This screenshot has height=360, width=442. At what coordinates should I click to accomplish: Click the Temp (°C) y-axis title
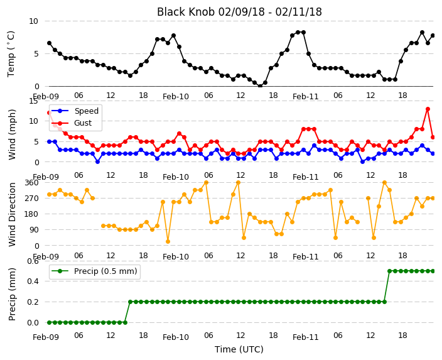tap(11, 54)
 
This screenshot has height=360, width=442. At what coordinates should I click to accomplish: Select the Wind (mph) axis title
tap(12, 135)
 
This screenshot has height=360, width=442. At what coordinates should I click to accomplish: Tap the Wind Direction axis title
tap(12, 214)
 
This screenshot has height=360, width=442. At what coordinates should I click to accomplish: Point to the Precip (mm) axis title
tap(12, 294)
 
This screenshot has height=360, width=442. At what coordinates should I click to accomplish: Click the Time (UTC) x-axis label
tap(239, 349)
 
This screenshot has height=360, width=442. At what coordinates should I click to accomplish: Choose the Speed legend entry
tap(75, 111)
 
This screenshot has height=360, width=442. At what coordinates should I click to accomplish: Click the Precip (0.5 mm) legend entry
tap(94, 271)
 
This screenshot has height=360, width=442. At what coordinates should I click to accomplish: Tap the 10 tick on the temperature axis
tap(33, 21)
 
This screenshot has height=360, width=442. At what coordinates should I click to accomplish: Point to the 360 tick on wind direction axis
tap(31, 183)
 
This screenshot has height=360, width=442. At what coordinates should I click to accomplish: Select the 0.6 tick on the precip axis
tap(33, 261)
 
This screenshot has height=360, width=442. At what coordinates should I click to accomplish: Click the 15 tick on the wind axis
tap(33, 101)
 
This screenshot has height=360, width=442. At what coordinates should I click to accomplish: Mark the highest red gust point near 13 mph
tap(428, 109)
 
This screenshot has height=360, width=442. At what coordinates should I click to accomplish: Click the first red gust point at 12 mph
tap(50, 113)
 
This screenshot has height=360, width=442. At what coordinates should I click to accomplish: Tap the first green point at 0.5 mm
tap(389, 271)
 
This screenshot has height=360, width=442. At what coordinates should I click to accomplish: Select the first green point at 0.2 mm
tap(130, 302)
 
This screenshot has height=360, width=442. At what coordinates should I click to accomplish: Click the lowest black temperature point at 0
tap(260, 86)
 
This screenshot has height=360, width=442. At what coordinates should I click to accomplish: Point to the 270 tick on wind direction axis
tap(31, 199)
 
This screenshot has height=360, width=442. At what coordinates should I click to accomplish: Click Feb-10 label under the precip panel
tap(176, 337)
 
